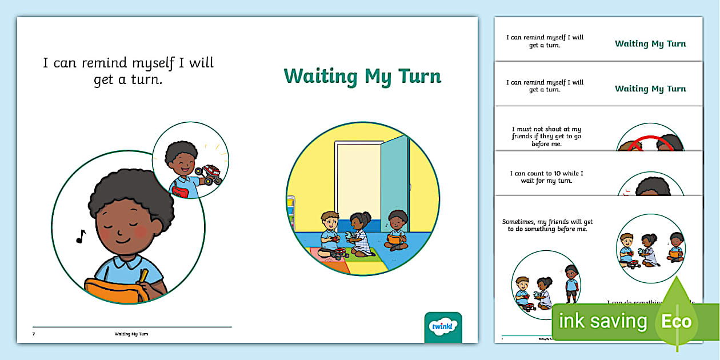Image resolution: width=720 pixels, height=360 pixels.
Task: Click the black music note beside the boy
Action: (81, 236)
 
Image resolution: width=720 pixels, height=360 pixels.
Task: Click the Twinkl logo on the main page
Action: (442, 326)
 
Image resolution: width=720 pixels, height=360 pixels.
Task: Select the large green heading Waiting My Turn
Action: (362, 77)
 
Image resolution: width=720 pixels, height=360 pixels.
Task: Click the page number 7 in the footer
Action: (34, 334)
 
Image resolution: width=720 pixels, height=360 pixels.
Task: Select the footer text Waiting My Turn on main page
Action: (131, 334)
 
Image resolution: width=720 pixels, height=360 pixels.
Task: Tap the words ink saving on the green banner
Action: (602, 321)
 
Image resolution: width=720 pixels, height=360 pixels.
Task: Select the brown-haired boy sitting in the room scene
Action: (330, 234)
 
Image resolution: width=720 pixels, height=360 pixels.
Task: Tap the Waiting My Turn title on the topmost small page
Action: (650, 43)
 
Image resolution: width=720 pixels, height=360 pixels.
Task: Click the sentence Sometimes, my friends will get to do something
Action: (547, 225)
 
